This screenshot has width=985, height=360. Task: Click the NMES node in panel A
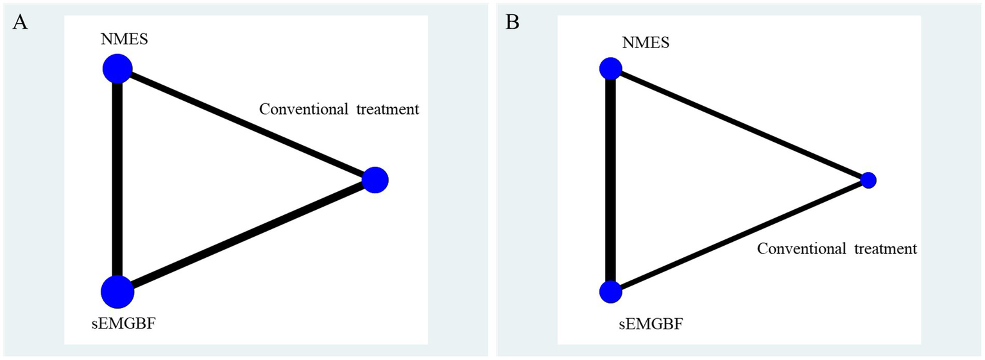(x=117, y=68)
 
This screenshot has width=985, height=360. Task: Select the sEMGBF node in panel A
(x=117, y=292)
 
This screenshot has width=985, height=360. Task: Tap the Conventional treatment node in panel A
(x=375, y=180)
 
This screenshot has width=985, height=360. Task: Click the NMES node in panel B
(x=610, y=68)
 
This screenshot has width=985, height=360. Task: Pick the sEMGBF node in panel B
(x=610, y=292)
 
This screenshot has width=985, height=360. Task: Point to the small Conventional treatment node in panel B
(x=868, y=180)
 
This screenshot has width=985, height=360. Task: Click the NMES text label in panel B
(x=646, y=42)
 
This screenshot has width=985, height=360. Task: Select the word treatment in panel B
(x=886, y=249)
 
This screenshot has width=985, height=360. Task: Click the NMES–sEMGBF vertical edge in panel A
(x=117, y=180)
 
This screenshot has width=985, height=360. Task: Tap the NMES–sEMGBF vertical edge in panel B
(x=610, y=180)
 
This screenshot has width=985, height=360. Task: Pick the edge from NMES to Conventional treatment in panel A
(x=246, y=124)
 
